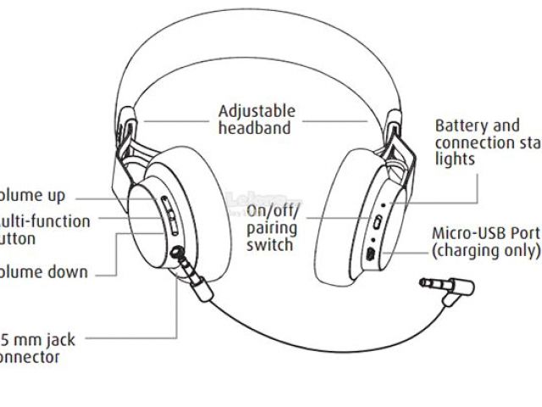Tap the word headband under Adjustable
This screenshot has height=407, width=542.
click(255, 128)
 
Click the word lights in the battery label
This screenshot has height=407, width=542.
click(456, 159)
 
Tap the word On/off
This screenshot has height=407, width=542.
click(268, 211)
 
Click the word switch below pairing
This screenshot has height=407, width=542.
click(269, 245)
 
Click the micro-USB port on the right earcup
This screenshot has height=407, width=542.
click(370, 254)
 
